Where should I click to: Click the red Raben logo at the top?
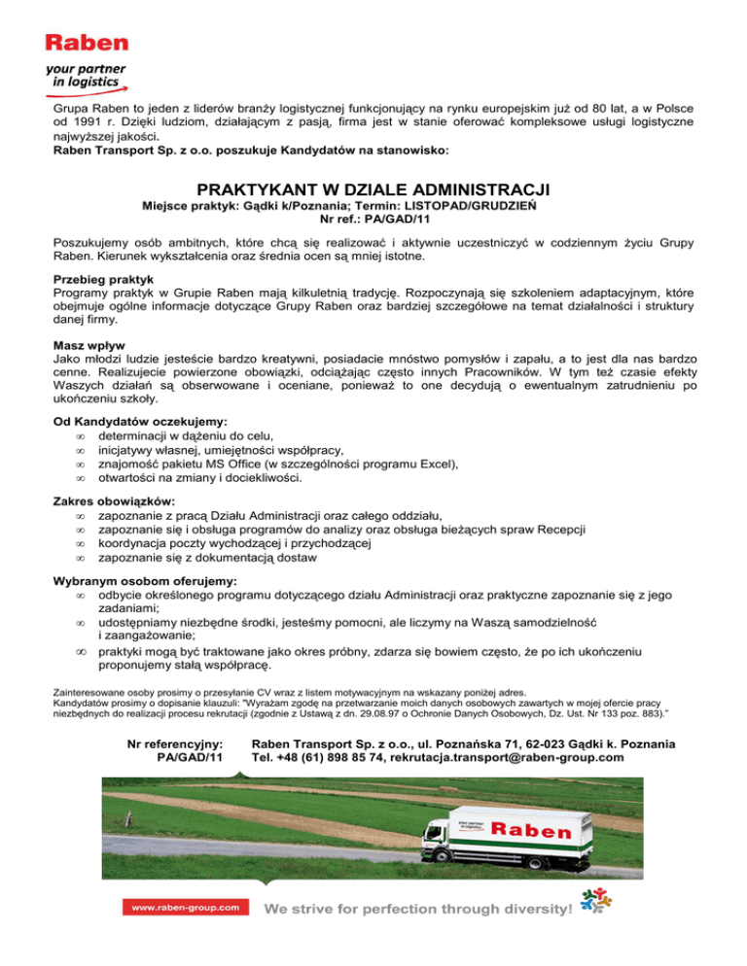(87, 43)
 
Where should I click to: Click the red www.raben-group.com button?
(181, 907)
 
